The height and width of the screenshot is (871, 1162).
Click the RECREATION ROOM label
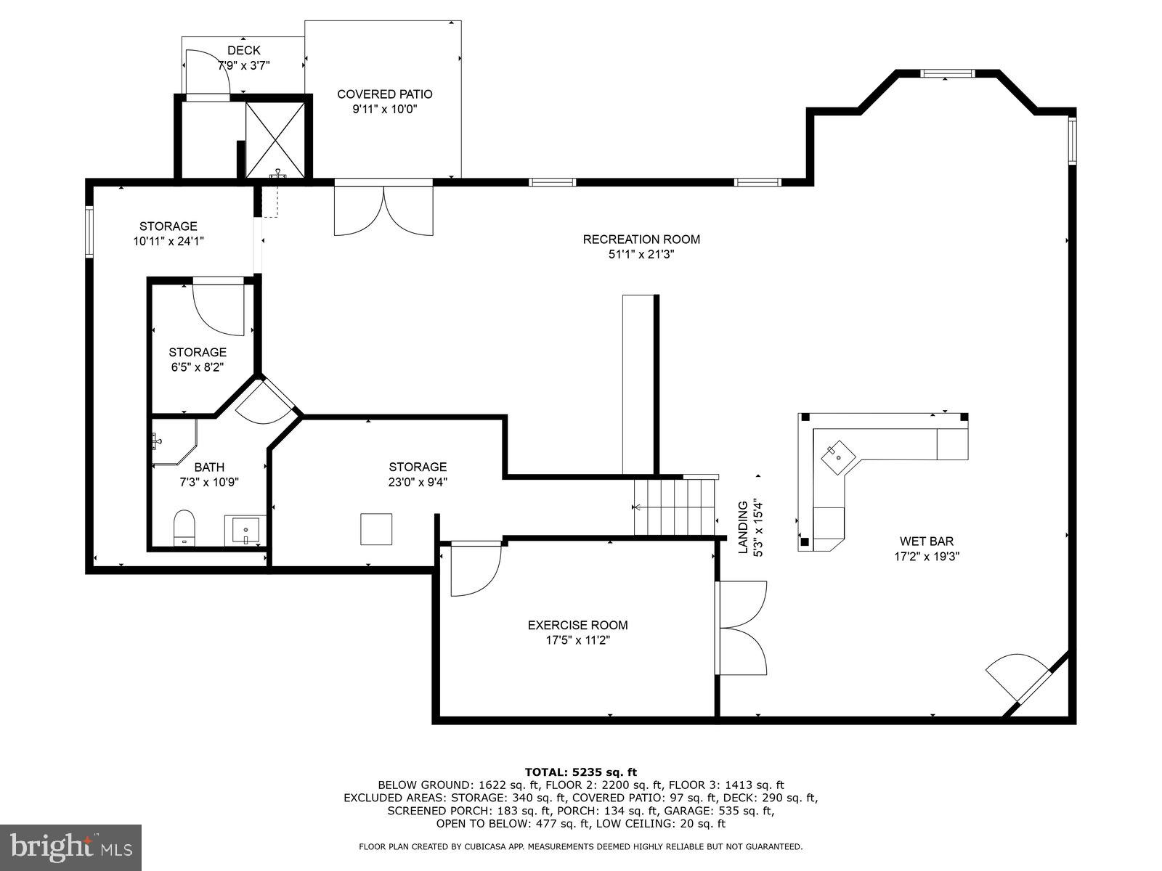coord(641,239)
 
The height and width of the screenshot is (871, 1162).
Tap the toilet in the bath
coord(184,528)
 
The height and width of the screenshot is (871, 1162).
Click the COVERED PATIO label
coord(384,94)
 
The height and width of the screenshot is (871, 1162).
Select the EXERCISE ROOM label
coord(577,625)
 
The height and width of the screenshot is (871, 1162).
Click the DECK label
coord(243,50)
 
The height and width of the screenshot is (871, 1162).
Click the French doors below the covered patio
coord(384,210)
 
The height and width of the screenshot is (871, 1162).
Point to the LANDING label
coord(743,528)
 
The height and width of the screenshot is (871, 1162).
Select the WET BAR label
coord(926,541)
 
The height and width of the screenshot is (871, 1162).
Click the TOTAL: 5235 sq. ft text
coord(580,772)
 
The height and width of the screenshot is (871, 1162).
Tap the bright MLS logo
coord(70,846)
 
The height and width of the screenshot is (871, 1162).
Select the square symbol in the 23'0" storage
coord(376,529)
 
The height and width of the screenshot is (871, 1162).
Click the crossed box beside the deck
coord(275,139)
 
